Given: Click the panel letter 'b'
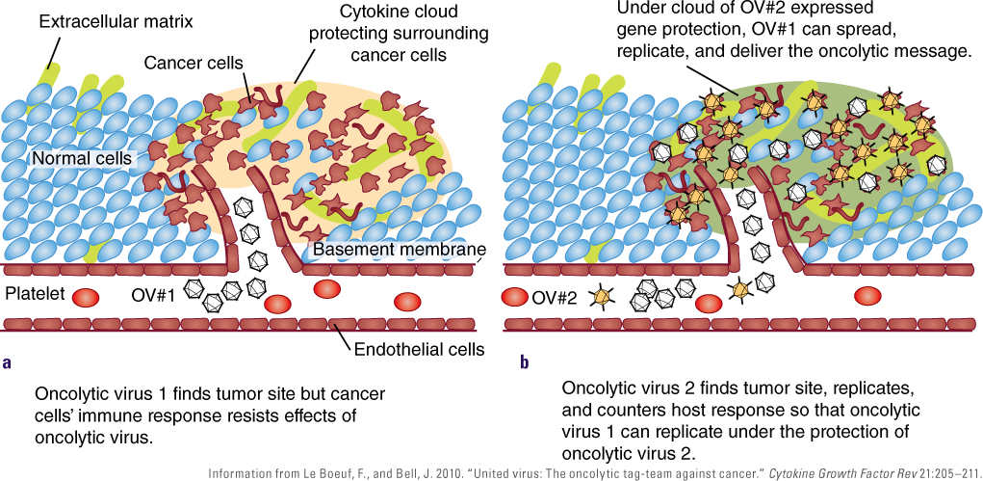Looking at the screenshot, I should click(x=524, y=362).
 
